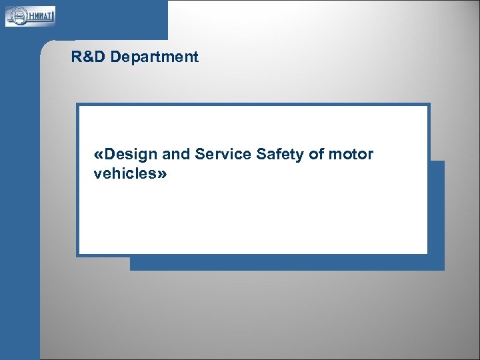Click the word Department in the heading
[x=155, y=57]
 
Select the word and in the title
[x=176, y=155]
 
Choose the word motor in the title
[x=351, y=155]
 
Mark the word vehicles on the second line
[x=123, y=175]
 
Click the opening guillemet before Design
[x=99, y=155]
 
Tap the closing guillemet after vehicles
[x=162, y=175]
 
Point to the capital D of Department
[x=116, y=57]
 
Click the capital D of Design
[x=110, y=155]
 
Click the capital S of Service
[x=200, y=155]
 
